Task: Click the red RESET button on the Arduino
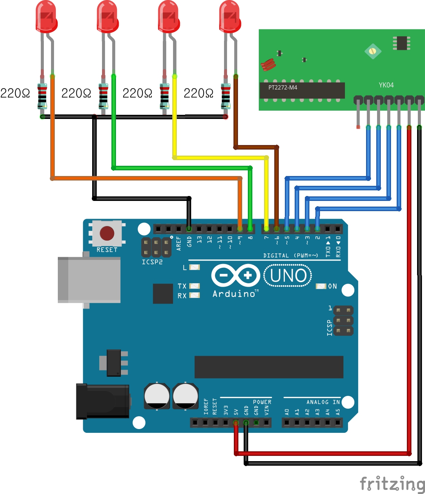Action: (x=107, y=233)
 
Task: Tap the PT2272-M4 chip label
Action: (x=283, y=88)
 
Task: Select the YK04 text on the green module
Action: (x=386, y=85)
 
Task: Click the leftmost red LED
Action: (x=46, y=17)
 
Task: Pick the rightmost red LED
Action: (x=230, y=17)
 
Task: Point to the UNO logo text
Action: (x=288, y=276)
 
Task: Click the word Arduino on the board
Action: (x=235, y=294)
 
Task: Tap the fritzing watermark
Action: (x=392, y=484)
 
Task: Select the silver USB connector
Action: (x=89, y=279)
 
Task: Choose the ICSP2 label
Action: (x=152, y=262)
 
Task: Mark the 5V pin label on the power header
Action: (x=236, y=411)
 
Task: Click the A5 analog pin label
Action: (x=338, y=411)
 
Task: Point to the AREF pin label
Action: (x=179, y=244)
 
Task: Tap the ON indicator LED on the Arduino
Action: (x=321, y=286)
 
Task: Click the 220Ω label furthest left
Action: (x=15, y=93)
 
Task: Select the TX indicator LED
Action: (x=194, y=286)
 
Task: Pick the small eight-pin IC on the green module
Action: (x=401, y=43)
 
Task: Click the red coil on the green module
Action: (x=268, y=65)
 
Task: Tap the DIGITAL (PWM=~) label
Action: (x=291, y=256)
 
